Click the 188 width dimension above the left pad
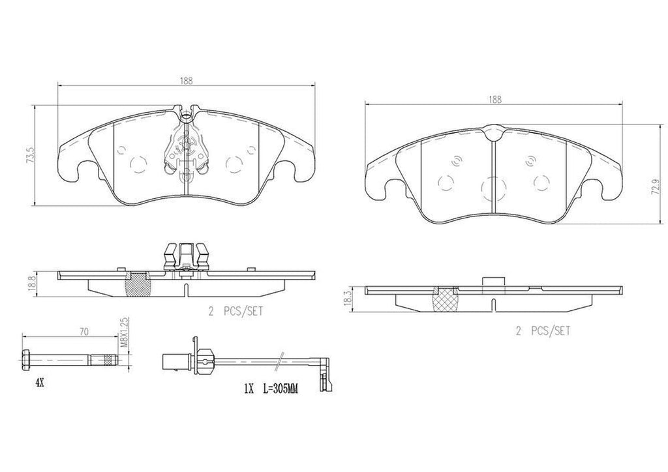coord(186,81)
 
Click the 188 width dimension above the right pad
coord(494,100)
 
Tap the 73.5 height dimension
coord(30,155)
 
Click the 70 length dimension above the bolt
coord(84,332)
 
